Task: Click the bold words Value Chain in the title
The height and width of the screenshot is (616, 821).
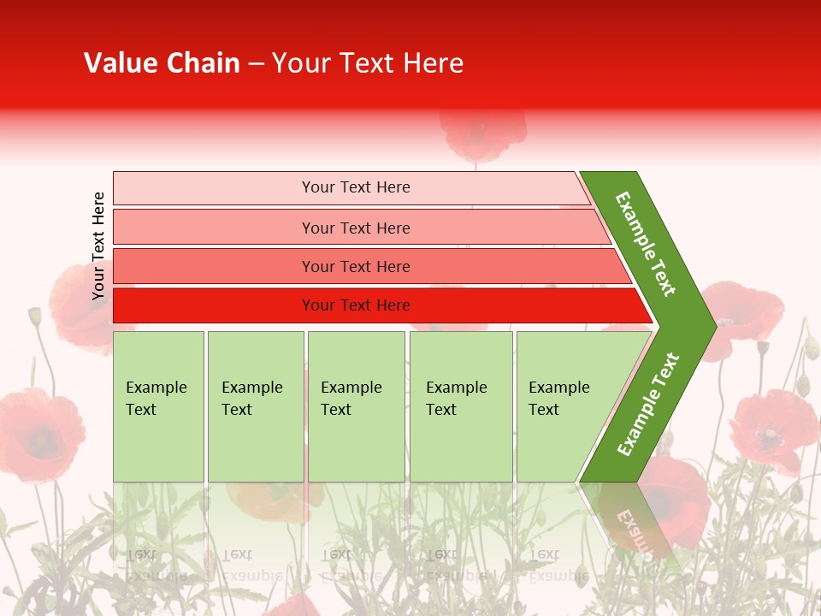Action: [x=162, y=63]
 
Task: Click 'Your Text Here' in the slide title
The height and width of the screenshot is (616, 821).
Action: [x=368, y=63]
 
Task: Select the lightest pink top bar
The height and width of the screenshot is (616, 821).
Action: [x=214, y=187]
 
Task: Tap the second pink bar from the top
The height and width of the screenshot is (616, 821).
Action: [x=214, y=228]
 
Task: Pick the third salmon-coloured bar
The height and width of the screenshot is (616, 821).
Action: [x=214, y=266]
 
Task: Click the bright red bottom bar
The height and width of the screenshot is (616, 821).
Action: [x=214, y=305]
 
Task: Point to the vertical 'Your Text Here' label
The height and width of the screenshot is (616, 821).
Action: [x=98, y=246]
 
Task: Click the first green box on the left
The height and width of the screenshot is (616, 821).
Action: [x=158, y=406]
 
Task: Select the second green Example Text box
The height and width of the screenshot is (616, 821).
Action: [x=255, y=406]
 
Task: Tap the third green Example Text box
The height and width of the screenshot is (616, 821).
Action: [x=356, y=406]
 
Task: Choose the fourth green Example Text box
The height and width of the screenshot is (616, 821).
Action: [x=461, y=406]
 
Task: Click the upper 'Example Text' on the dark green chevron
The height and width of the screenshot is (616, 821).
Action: [x=646, y=244]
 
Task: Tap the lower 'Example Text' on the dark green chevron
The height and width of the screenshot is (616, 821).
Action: [x=648, y=404]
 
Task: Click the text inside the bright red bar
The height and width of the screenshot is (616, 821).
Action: [x=356, y=305]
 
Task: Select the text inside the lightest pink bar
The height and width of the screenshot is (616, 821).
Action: [x=356, y=187]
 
